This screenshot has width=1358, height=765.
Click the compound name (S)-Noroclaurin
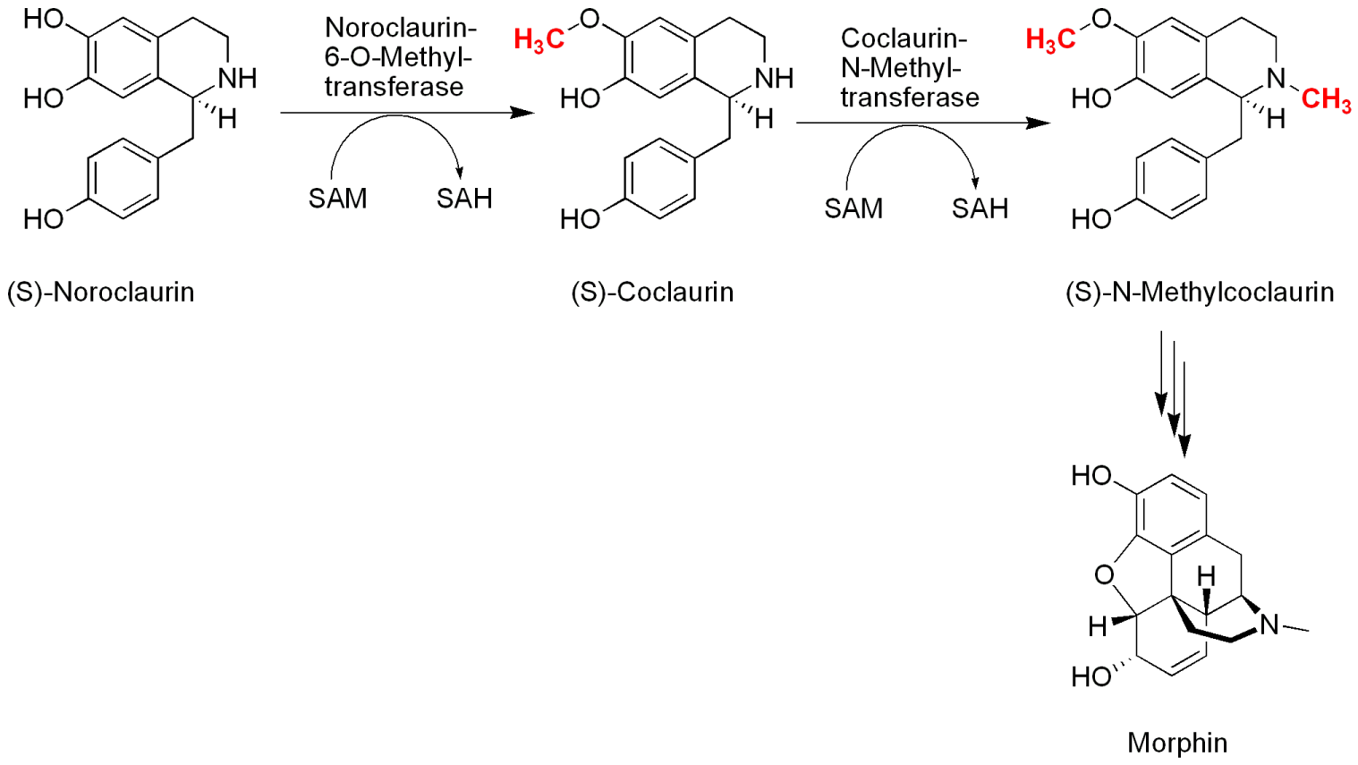(x=100, y=292)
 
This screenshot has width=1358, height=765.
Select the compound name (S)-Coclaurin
(x=652, y=292)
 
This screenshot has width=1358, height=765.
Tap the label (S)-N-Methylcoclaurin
(x=1200, y=292)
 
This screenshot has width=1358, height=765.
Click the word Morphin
(x=1176, y=742)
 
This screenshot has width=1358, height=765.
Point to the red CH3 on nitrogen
(x=1326, y=99)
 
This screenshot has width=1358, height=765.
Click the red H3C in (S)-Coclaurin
(x=539, y=39)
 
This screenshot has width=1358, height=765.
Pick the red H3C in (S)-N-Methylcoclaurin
(x=1050, y=39)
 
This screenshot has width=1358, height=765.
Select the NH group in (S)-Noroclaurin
(x=237, y=79)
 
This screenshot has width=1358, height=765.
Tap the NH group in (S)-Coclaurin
(x=774, y=79)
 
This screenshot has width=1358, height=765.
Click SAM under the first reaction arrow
(x=337, y=198)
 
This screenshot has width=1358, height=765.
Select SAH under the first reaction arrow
(x=464, y=198)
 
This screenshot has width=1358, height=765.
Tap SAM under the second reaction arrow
(x=853, y=208)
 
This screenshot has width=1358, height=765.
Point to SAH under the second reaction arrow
(x=980, y=208)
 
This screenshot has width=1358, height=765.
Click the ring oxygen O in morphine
(x=1105, y=575)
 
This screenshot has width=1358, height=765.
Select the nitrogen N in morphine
(x=1269, y=625)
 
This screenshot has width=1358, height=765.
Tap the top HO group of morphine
(x=1091, y=476)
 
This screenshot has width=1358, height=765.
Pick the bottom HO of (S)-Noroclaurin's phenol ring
(x=43, y=219)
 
